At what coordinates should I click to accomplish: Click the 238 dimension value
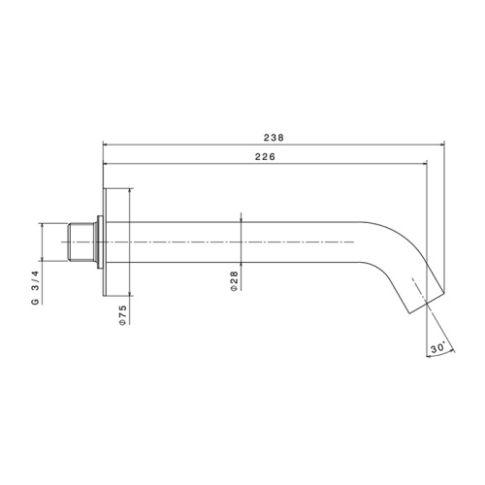[274, 138]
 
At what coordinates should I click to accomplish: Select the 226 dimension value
[265, 157]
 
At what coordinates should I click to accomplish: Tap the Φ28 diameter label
[234, 281]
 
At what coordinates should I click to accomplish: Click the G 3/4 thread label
[35, 288]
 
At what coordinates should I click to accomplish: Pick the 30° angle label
[437, 348]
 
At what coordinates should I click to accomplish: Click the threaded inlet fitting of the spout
[81, 242]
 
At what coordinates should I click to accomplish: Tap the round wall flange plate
[105, 242]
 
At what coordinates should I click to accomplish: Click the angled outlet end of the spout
[427, 303]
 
